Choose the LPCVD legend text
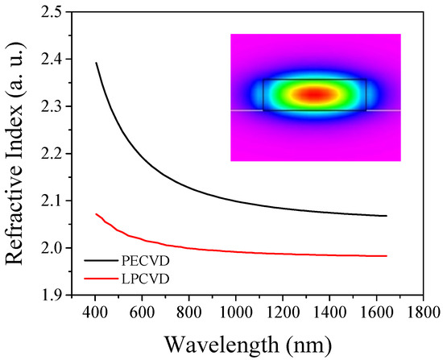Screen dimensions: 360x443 pyautogui.click(x=145, y=278)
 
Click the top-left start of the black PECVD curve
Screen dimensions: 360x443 pyautogui.click(x=97, y=63)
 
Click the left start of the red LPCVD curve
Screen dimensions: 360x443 pyautogui.click(x=96, y=213)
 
